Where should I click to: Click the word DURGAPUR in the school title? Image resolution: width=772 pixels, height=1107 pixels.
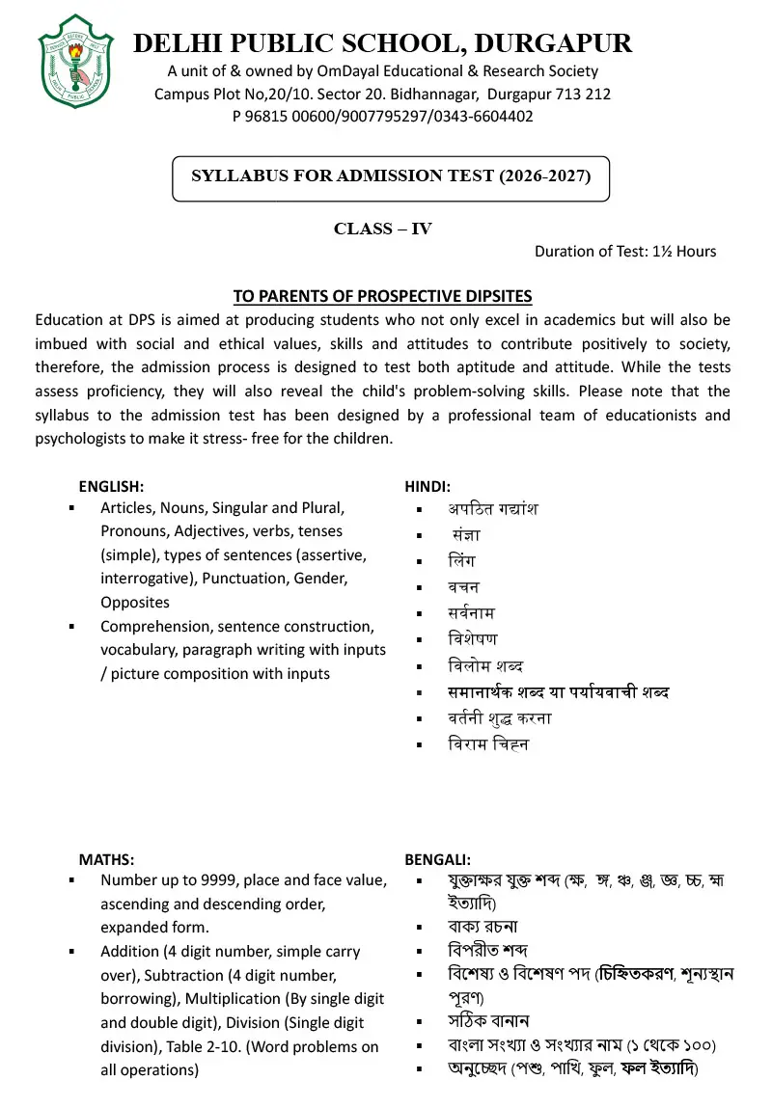[554, 43]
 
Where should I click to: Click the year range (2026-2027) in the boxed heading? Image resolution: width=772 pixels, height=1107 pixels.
[544, 175]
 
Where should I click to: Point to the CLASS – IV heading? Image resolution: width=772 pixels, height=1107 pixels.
[382, 229]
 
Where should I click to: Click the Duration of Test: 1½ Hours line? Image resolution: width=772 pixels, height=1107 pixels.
[625, 252]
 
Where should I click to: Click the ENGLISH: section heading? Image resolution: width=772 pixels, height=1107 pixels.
[111, 487]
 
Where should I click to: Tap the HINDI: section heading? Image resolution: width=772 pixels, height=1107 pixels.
[427, 487]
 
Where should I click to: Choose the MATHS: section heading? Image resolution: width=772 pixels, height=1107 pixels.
[106, 859]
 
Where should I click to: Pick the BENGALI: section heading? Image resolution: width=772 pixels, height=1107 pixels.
[437, 859]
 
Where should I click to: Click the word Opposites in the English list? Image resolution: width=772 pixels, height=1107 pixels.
[135, 603]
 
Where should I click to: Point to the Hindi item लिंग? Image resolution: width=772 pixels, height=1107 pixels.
[461, 561]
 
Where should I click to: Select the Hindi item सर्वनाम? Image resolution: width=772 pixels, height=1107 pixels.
[472, 613]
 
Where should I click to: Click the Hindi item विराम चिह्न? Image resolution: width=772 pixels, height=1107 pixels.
[488, 744]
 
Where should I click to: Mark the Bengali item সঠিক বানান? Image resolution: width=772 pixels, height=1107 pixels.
[488, 1021]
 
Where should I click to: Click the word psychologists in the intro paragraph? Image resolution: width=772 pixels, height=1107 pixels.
[81, 439]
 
